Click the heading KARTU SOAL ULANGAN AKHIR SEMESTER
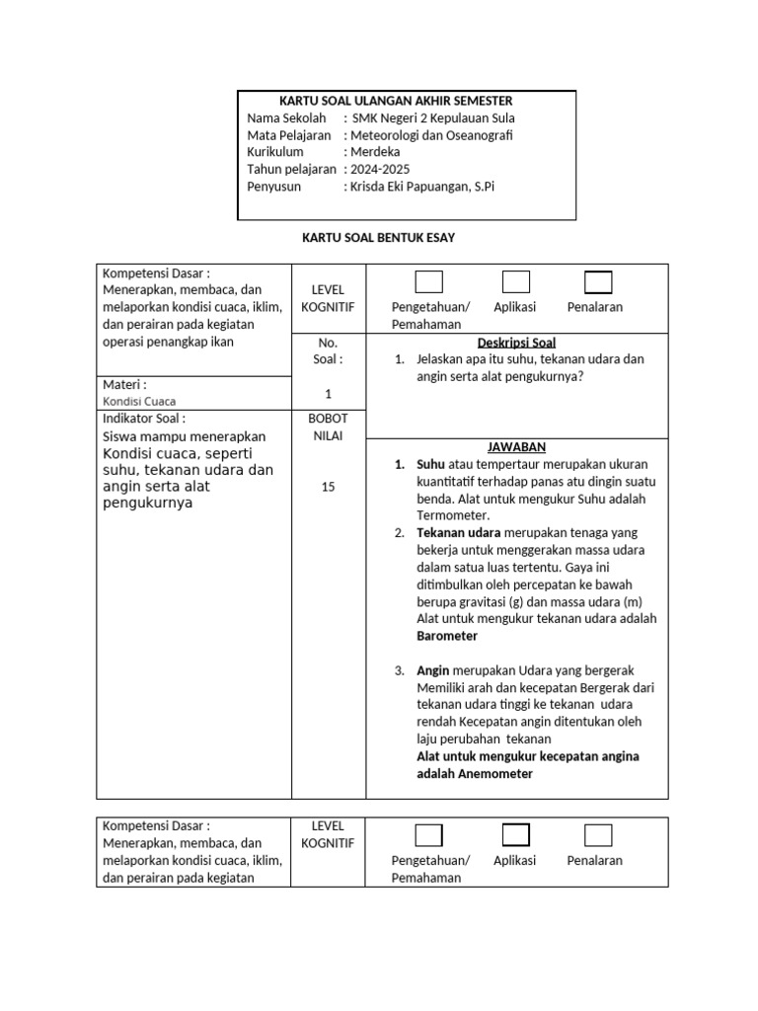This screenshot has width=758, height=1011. pos(396,101)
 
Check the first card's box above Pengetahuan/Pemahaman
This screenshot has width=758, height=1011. pos(428,282)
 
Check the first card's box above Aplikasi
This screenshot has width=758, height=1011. pos(515,282)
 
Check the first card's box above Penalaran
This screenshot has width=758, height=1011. pos(598,282)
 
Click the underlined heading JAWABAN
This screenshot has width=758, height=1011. pos(516,447)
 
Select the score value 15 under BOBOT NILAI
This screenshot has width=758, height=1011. pos(329,487)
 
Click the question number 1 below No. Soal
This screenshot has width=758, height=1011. pos(329,393)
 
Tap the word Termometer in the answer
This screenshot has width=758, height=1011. pos(452,515)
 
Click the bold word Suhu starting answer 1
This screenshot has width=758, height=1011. pos(430,464)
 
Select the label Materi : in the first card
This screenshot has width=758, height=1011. pos(125,384)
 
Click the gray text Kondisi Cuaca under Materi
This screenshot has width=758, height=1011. pos(140,402)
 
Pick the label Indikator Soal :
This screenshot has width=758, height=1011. pos(143,419)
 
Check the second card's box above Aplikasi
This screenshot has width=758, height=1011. pos(515,835)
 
